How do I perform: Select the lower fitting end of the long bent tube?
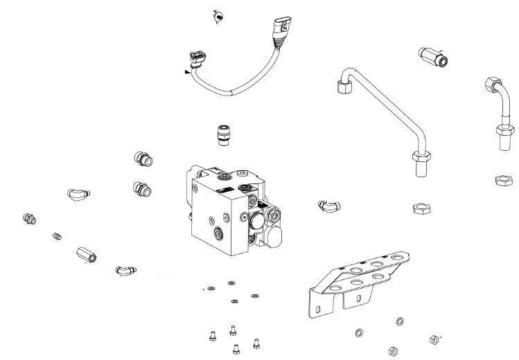tap(421, 163)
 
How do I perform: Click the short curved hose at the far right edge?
tap(498, 113)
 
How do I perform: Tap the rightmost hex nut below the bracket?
tap(434, 339)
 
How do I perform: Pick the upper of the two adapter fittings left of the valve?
tap(143, 159)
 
